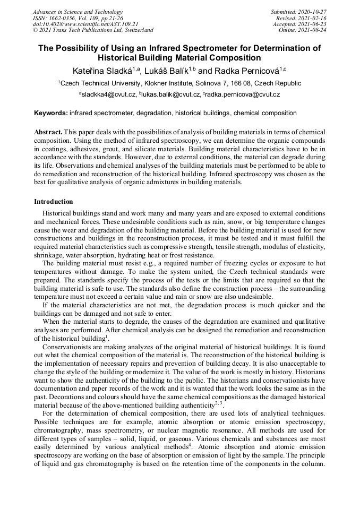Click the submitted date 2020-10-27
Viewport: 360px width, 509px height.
(314, 12)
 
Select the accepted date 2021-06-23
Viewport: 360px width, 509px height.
(313, 24)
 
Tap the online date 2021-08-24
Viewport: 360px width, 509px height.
(313, 30)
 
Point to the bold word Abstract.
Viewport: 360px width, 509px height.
(49, 131)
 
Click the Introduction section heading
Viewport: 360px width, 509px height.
(54, 202)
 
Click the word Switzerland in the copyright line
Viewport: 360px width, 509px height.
(135, 30)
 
